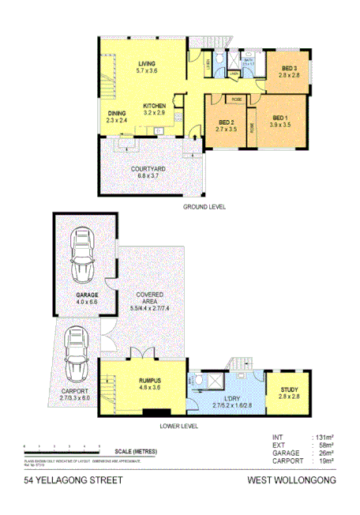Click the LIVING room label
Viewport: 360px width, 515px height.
click(x=146, y=63)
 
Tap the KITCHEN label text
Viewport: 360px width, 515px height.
click(x=154, y=105)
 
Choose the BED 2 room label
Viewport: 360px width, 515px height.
click(x=227, y=122)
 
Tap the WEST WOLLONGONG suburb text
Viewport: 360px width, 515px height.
click(x=291, y=479)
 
